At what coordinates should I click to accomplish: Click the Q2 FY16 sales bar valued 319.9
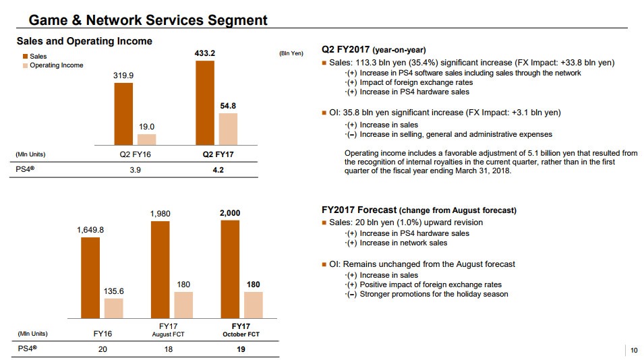click(x=123, y=114)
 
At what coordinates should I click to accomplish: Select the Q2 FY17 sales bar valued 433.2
click(x=205, y=102)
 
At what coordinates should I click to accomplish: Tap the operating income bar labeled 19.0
click(x=146, y=140)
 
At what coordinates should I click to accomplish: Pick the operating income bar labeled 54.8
click(x=229, y=129)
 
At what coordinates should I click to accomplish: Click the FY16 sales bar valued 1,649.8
click(x=90, y=277)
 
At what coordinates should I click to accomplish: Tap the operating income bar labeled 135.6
click(x=113, y=308)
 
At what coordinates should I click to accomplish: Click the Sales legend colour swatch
click(x=25, y=57)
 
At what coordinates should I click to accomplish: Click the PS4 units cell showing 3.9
click(x=135, y=170)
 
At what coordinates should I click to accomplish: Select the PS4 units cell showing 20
click(x=103, y=349)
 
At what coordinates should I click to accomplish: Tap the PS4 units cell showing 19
click(x=241, y=349)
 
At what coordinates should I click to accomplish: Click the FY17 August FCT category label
click(x=169, y=330)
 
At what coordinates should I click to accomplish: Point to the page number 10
click(x=633, y=350)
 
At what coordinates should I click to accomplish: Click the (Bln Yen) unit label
click(x=291, y=53)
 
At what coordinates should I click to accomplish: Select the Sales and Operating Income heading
click(x=84, y=41)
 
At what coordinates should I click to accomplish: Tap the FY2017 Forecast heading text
click(x=359, y=210)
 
